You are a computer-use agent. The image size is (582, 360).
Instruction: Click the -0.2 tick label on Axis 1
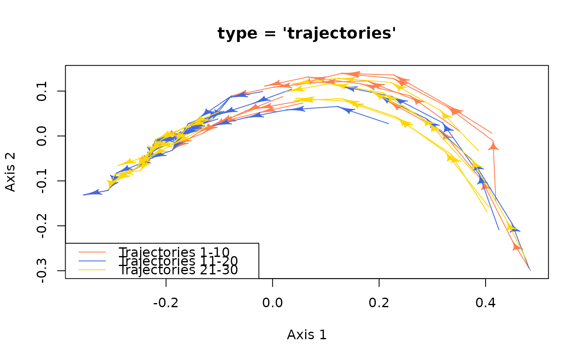(x=166, y=303)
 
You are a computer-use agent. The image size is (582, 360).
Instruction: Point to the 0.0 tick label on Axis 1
(x=272, y=303)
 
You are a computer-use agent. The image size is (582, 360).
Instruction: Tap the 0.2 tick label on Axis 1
(x=379, y=303)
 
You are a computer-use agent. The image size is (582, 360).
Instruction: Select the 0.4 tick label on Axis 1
(x=485, y=303)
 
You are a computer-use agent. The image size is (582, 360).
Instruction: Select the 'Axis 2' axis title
(x=11, y=172)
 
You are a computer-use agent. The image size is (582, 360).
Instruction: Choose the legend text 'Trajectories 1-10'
(x=174, y=252)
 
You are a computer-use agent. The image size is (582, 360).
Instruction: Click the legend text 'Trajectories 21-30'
(x=178, y=270)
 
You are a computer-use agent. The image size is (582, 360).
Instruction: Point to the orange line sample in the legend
(x=93, y=252)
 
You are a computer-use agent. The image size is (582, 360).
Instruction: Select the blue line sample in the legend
(x=93, y=261)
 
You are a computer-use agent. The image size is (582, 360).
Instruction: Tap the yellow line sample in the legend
(x=93, y=269)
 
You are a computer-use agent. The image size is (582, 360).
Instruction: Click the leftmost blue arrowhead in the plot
(x=95, y=192)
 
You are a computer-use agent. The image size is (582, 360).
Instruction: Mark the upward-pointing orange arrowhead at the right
(x=493, y=145)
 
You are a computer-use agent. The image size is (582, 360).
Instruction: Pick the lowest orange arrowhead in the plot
(x=517, y=247)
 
